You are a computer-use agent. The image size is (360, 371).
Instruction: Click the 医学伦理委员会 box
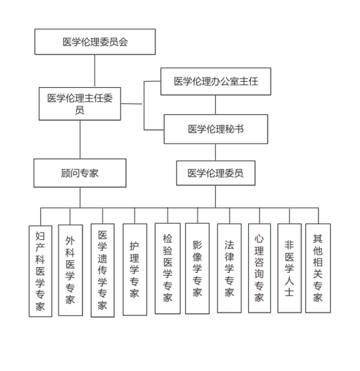[x=95, y=42]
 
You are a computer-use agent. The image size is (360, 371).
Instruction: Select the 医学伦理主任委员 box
[x=80, y=104]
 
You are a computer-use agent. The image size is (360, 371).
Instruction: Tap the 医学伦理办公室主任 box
[x=216, y=81]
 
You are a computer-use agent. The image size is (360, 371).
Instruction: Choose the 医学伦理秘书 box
[x=216, y=129]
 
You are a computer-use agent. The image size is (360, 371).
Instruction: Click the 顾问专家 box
[x=80, y=173]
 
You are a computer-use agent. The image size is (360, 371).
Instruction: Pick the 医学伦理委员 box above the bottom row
[x=216, y=173]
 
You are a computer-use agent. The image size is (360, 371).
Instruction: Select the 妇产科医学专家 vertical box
[x=40, y=271]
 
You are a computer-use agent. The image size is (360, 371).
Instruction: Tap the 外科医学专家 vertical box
[x=70, y=270]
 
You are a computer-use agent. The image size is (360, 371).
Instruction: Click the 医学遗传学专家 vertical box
[x=103, y=270]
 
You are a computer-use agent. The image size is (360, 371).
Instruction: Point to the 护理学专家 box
[x=135, y=270]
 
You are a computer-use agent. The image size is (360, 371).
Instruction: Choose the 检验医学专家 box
[x=168, y=268]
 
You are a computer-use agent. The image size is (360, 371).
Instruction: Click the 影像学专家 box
[x=197, y=268]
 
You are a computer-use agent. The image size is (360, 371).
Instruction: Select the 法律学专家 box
[x=229, y=268]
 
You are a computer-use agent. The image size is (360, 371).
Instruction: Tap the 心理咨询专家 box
[x=259, y=268]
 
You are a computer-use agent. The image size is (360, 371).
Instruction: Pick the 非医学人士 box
[x=289, y=268]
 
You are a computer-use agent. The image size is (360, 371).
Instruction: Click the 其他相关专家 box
[x=318, y=268]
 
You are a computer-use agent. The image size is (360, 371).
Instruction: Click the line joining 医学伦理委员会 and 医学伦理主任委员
[x=95, y=71]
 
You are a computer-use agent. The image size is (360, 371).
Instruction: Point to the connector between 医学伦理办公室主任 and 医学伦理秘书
[x=215, y=105]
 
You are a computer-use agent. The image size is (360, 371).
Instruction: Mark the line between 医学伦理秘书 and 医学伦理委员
[x=215, y=152]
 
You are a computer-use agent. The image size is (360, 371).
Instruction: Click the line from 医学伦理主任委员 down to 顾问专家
[x=80, y=140]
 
